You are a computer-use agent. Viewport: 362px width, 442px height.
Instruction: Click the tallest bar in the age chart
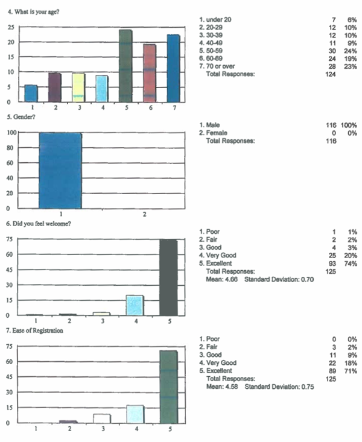125,66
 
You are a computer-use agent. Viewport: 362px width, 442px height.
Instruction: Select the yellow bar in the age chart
78,87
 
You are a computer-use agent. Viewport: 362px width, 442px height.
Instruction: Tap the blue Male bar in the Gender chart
60,171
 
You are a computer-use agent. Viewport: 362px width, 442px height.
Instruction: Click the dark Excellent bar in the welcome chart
168,277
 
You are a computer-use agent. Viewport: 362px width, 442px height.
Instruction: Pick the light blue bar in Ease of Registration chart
135,414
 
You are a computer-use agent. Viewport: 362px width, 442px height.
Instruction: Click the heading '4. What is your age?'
34,12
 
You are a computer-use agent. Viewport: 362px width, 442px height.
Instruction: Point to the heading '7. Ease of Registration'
34,330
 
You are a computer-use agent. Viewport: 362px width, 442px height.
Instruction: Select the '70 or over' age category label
220,66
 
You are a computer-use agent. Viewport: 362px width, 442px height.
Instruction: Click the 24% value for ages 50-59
351,51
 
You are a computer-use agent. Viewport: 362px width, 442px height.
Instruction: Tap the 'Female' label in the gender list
217,133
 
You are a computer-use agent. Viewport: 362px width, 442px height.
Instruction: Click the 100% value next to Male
349,125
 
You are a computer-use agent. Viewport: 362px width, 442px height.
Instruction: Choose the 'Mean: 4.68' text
222,279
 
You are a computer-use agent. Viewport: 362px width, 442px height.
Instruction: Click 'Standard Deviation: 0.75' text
279,387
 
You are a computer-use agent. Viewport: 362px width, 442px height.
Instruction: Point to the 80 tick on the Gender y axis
10,148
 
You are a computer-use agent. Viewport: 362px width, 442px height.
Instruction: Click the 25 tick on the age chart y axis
11,27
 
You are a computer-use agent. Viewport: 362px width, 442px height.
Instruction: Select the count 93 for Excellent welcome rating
332,264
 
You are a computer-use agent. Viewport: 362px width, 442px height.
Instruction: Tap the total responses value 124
331,74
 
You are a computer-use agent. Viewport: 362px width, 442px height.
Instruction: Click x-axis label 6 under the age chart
151,108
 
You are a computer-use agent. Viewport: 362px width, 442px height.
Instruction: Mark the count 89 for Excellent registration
332,371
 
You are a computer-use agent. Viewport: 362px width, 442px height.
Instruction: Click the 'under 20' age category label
218,19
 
